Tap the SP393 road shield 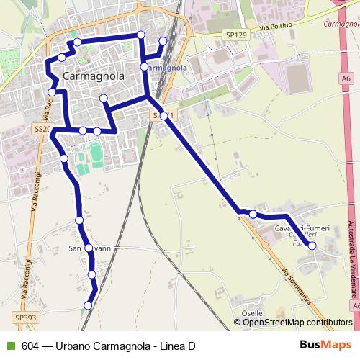[x=24, y=317]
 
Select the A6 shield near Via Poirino [x=346, y=78]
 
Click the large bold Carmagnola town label [x=94, y=76]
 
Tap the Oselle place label [x=252, y=313]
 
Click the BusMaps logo [x=325, y=345]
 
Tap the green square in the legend [x=9, y=346]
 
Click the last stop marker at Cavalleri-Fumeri [x=312, y=246]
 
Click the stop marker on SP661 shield [x=164, y=115]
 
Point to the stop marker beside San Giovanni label [x=89, y=248]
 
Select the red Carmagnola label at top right [x=341, y=24]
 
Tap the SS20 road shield [x=42, y=129]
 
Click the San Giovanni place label [x=91, y=248]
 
